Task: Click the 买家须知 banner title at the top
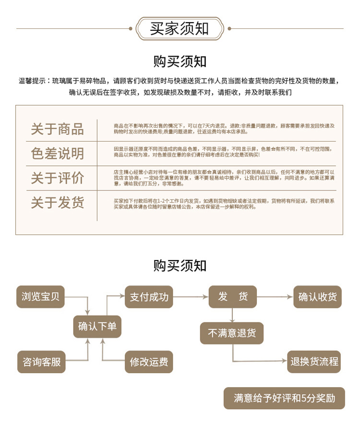(180, 28)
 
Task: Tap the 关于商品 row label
(57, 129)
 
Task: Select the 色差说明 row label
(57, 153)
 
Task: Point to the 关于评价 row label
(57, 178)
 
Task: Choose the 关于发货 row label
(57, 202)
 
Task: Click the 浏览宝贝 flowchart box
(40, 296)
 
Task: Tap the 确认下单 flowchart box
(97, 327)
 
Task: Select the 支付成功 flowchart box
(149, 296)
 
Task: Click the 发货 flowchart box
(232, 296)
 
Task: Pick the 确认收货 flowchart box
(317, 296)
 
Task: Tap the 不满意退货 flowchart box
(231, 333)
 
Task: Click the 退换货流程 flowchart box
(314, 362)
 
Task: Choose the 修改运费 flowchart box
(149, 362)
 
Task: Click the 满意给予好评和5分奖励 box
(284, 398)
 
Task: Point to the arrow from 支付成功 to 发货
(191, 297)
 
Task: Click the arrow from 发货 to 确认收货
(275, 297)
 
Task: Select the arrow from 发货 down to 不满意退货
(232, 315)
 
